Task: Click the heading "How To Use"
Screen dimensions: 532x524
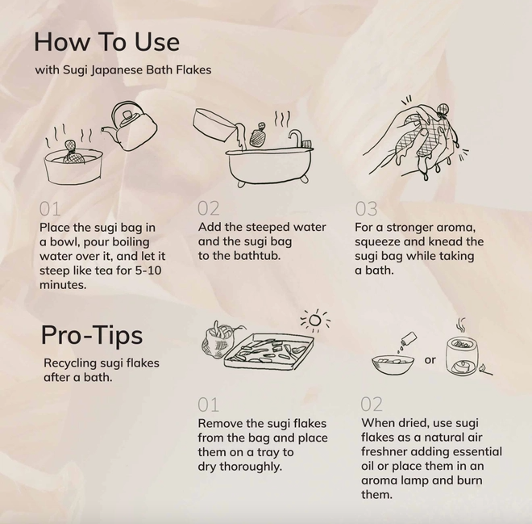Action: coord(107,42)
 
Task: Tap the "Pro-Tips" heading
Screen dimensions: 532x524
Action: coord(92,336)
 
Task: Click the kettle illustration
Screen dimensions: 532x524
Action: coord(131,127)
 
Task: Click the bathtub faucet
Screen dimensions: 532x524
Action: coord(295,137)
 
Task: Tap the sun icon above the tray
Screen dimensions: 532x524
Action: coord(315,320)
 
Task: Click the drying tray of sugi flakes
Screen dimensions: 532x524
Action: coord(268,352)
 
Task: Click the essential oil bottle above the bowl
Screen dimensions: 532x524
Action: coord(409,339)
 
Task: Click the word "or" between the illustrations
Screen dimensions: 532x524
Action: coord(430,360)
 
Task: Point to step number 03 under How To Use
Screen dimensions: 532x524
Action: coord(366,208)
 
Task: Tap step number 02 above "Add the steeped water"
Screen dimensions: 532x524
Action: coord(208,208)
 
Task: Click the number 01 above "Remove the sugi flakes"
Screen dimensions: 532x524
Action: coord(208,405)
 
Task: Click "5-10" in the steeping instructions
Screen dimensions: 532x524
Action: coord(148,270)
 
